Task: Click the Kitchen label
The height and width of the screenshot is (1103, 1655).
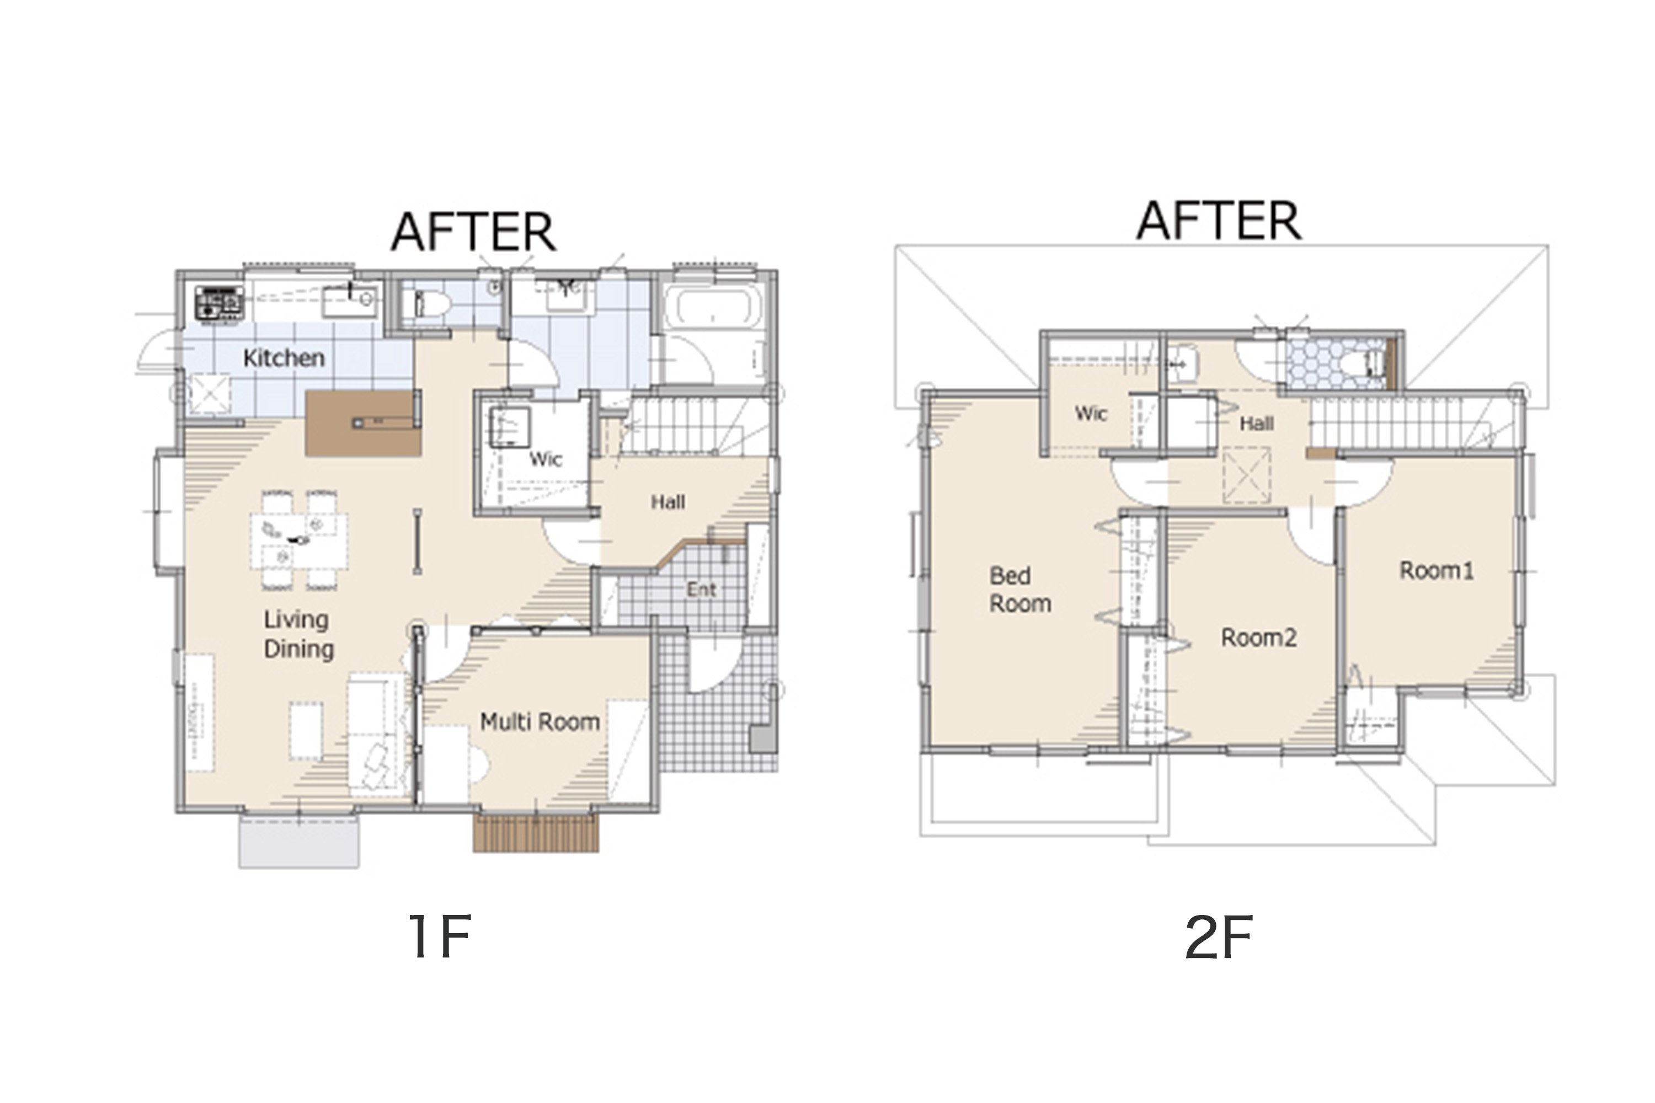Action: point(284,358)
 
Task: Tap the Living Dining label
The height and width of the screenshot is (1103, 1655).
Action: point(298,635)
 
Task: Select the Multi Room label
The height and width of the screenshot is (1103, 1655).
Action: point(540,722)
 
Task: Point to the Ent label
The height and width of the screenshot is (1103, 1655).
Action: point(702,590)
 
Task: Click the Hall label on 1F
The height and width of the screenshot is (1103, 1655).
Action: point(668,502)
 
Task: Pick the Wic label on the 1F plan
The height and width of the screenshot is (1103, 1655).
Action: point(546,459)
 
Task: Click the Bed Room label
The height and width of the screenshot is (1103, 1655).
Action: point(1020,590)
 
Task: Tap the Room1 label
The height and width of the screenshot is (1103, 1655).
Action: point(1436,570)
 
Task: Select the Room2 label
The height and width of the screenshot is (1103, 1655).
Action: point(1259,638)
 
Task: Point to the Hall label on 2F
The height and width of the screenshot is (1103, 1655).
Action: point(1257,424)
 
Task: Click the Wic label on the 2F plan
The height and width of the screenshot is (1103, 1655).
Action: point(1091,414)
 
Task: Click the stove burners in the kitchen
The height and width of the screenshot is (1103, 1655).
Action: point(220,303)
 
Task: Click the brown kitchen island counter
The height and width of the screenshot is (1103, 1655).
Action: point(363,423)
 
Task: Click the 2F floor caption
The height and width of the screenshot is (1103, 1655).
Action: point(1218,938)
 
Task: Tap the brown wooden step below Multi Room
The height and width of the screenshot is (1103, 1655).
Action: point(536,833)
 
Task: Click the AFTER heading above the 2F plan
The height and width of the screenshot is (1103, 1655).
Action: point(1219,220)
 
